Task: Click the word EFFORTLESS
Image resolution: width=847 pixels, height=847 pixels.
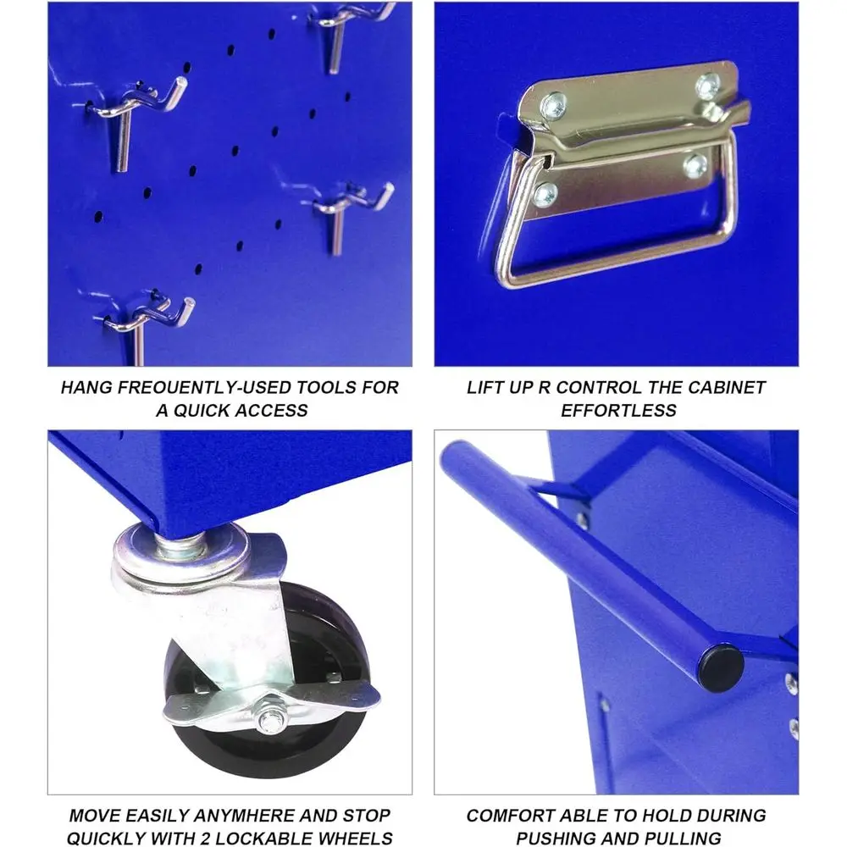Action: click(x=618, y=411)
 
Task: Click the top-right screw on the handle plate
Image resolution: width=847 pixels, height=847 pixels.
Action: click(x=706, y=86)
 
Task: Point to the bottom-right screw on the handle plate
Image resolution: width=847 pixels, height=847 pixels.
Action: click(x=695, y=165)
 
